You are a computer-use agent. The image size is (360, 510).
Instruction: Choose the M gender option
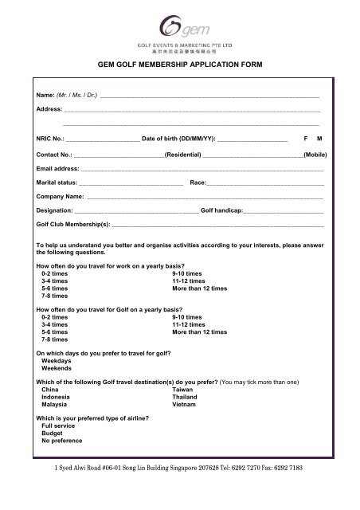click(320, 139)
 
